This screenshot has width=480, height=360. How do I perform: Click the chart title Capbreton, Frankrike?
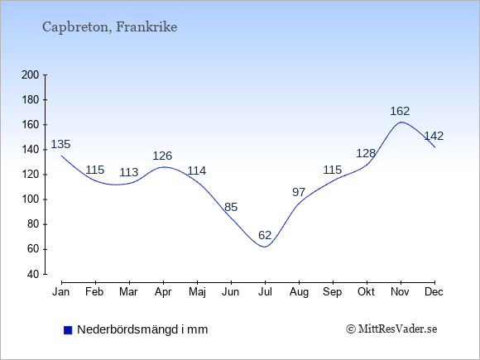[x=109, y=27]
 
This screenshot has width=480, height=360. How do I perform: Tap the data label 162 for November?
[x=400, y=111]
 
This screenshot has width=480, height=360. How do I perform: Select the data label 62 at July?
[x=265, y=235]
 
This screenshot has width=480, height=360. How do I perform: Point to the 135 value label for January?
[x=60, y=144]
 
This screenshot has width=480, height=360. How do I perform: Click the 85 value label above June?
[x=231, y=207]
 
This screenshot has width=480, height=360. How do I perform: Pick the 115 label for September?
[x=333, y=170]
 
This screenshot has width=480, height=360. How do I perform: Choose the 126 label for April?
[x=162, y=156]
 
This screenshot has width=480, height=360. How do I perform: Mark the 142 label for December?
[x=434, y=136]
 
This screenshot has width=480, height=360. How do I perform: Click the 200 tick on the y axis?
[x=31, y=74]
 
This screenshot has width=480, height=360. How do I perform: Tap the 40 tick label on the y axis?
[x=33, y=274]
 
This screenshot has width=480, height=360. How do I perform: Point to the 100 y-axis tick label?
[x=31, y=199]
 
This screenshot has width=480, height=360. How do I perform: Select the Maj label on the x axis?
[x=197, y=292]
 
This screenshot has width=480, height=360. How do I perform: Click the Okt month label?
[x=366, y=292]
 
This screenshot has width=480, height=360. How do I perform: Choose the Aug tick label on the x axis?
[x=299, y=292]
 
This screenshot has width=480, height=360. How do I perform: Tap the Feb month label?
[x=94, y=292]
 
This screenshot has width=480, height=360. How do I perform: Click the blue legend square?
[x=68, y=330]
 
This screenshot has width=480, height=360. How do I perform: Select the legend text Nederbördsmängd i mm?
[x=142, y=329]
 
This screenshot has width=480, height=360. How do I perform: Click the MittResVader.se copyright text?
[x=391, y=329]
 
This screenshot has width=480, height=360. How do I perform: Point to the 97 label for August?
[x=299, y=192]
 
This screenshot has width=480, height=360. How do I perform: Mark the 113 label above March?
[x=128, y=172]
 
